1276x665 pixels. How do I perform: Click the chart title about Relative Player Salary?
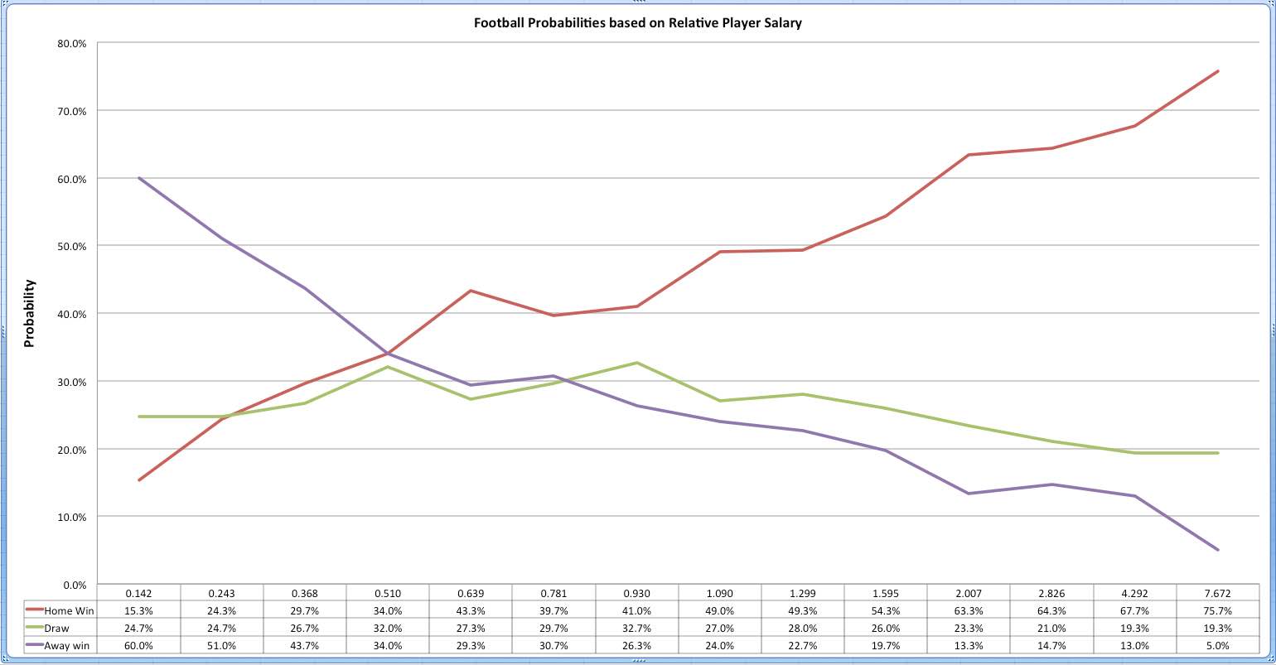[637, 23]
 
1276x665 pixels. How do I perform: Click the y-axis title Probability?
[30, 313]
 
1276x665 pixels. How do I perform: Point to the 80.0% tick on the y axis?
[72, 43]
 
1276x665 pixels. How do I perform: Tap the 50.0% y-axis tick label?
[72, 246]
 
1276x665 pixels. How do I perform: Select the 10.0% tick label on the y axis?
[72, 517]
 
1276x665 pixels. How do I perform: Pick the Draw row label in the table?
[57, 629]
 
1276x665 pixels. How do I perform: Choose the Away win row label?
[67, 646]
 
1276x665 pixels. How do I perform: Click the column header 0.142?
[138, 594]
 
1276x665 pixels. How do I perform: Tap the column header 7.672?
[1217, 594]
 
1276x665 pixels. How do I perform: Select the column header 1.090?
[719, 594]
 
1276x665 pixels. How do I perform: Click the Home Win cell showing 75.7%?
[1217, 611]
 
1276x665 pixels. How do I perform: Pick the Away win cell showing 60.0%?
[138, 646]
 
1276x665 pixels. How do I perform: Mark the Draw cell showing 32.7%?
[636, 629]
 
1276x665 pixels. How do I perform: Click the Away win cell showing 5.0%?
[1217, 646]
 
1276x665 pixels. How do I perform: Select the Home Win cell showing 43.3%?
[471, 611]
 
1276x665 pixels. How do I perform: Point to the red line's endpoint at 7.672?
[1218, 71]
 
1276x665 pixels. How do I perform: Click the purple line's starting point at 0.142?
[139, 178]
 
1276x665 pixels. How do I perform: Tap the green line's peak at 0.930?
[636, 363]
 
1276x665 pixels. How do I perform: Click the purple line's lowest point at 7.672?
[1218, 550]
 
